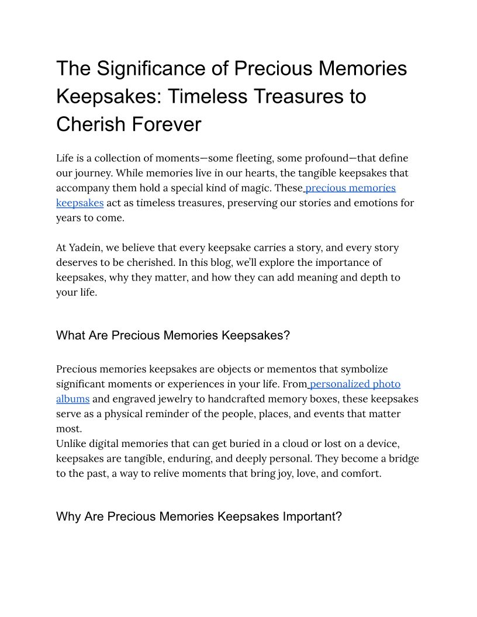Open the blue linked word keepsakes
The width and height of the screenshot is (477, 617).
pyautogui.click(x=80, y=203)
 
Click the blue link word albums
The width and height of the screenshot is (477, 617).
pyautogui.click(x=72, y=399)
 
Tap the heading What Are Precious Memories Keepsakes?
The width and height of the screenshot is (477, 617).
pyautogui.click(x=173, y=335)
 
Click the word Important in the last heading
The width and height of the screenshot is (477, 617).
pyautogui.click(x=312, y=517)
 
